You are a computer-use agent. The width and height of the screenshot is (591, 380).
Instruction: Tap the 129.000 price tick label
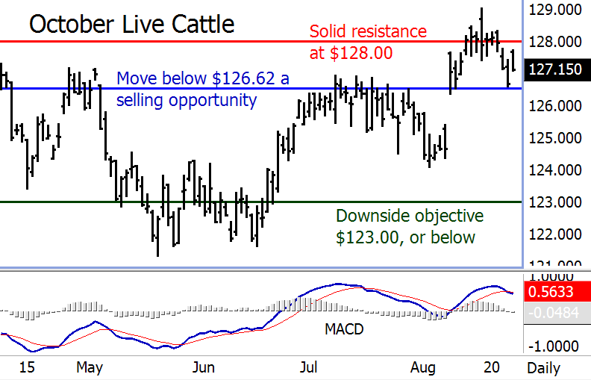(x=555, y=10)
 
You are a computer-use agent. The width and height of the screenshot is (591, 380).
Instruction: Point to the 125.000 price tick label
(x=555, y=138)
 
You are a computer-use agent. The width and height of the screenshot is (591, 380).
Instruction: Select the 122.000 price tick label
(x=555, y=234)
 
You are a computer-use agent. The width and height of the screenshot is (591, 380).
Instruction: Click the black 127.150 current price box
(x=555, y=69)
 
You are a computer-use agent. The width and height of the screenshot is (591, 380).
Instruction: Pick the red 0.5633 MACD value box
(x=555, y=293)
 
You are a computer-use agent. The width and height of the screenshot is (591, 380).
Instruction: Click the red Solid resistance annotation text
(x=368, y=43)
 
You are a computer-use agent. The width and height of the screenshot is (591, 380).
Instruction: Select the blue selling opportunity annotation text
(x=202, y=89)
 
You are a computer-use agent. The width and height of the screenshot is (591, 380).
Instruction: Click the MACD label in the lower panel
(x=344, y=328)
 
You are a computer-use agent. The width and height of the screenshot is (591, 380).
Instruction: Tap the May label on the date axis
(x=89, y=367)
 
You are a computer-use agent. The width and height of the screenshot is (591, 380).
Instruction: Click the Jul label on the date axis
(x=309, y=367)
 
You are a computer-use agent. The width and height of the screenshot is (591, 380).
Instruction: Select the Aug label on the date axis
(x=423, y=367)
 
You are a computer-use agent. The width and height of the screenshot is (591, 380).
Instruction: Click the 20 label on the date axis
(x=491, y=367)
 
